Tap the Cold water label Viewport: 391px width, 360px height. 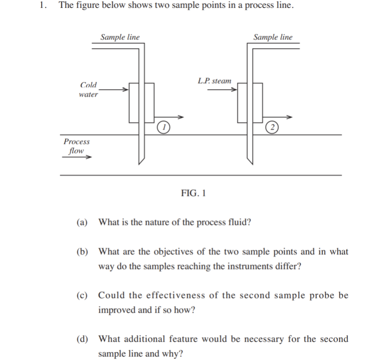pyautogui.click(x=88, y=90)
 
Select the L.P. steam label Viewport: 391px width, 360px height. pyautogui.click(x=214, y=81)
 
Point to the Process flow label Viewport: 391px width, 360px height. pyautogui.click(x=77, y=146)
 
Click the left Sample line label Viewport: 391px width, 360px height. pyautogui.click(x=120, y=37)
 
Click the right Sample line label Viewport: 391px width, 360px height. pyautogui.click(x=273, y=37)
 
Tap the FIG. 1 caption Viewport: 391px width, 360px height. pyautogui.click(x=194, y=194)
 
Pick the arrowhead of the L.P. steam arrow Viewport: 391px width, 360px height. pyautogui.click(x=234, y=90)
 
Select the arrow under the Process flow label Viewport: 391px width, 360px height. pyautogui.click(x=77, y=157)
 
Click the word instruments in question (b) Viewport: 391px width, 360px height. pyautogui.click(x=254, y=266)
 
